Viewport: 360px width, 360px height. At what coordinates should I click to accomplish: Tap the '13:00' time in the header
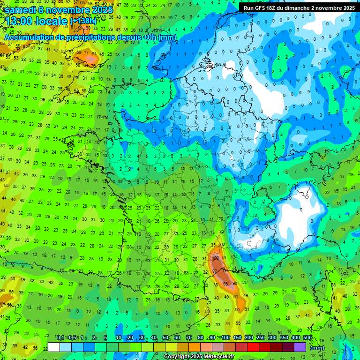pos(20,21)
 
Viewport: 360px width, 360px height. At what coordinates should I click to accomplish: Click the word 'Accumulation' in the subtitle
pos(28,37)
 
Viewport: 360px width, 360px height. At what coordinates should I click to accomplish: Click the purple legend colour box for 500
pos(300,347)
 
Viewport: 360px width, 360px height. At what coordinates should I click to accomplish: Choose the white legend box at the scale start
pos(53,347)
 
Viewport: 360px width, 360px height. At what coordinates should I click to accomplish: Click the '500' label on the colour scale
pos(307,338)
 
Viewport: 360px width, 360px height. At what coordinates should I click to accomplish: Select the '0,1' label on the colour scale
pos(60,338)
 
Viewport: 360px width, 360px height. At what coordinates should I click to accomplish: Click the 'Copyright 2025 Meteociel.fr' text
pos(199,356)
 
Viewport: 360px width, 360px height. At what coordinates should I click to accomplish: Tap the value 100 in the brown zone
pos(216,258)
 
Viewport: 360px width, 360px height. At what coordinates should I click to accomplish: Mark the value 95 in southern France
pos(225,284)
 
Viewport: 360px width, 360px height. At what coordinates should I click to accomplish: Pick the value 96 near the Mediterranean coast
pos(235,283)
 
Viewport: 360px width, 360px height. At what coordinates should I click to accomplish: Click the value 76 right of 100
pos(224,258)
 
